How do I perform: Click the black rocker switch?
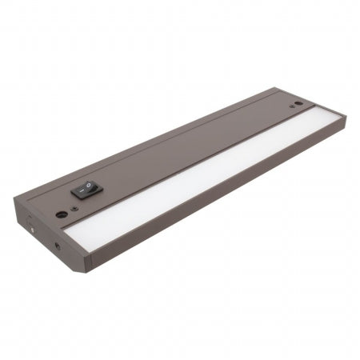tap(84, 190)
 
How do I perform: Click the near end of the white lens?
tap(72, 236)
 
